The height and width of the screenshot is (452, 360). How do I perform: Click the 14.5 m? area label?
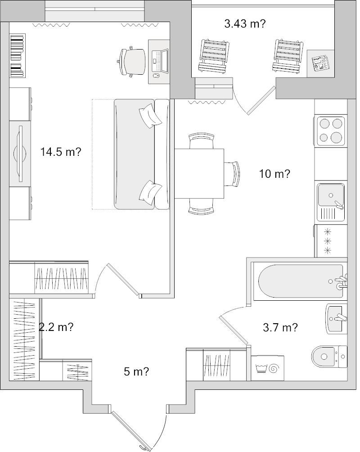pos(61,152)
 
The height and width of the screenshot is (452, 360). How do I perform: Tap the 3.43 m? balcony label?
pos(244,24)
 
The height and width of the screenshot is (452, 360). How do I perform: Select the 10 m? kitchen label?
pos(274,174)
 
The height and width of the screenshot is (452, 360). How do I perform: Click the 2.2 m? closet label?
pos(56,327)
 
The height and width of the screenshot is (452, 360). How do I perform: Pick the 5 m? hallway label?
pos(136,371)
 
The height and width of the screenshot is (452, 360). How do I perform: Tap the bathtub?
pos(299,282)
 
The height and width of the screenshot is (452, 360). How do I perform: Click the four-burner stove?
pos(331,131)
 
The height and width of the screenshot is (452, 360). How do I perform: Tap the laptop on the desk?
pos(159,60)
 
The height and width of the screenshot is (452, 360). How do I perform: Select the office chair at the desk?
pos(132,60)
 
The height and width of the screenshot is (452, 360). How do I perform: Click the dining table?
pos(199,173)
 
